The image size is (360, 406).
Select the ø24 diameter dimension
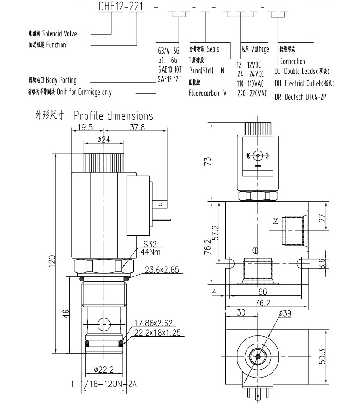coord(104,140)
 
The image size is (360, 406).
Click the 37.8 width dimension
coord(137,128)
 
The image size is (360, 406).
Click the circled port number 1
coord(255,250)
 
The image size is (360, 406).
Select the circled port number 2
coord(275,222)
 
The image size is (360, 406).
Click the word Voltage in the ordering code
coord(260,49)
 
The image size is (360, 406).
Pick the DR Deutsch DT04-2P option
coord(301,97)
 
